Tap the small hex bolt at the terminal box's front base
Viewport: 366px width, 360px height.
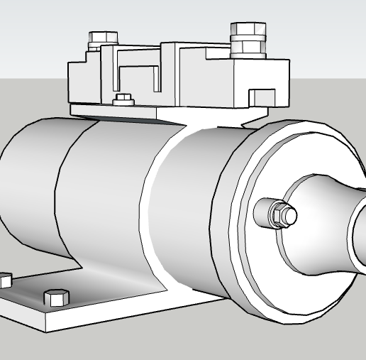click(123, 99)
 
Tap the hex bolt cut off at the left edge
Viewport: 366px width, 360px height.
click(4, 280)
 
